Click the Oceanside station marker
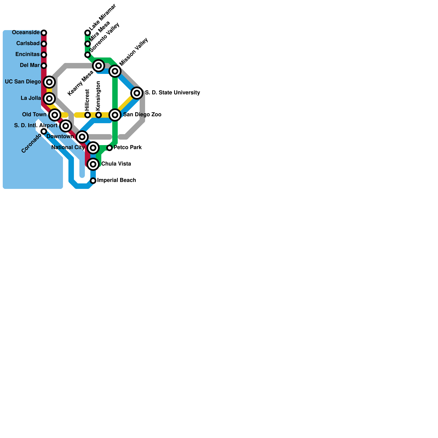tap(44, 33)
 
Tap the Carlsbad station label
tap(28, 44)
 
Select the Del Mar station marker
tap(44, 66)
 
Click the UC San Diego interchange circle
tap(49, 82)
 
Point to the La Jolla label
tap(31, 98)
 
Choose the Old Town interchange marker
tap(55, 115)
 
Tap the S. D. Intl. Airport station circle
tap(66, 126)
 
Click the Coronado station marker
tap(44, 131)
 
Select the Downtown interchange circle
tap(82, 137)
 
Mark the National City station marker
tap(93, 148)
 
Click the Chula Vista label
tap(116, 164)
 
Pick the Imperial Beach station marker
tap(93, 181)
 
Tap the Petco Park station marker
tap(109, 148)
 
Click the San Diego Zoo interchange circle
tap(115, 115)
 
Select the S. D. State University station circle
tap(137, 93)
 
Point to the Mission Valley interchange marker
tap(115, 71)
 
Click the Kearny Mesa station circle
tap(99, 66)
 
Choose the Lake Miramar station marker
tap(88, 33)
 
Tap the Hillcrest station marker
tap(88, 115)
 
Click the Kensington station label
tap(98, 96)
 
